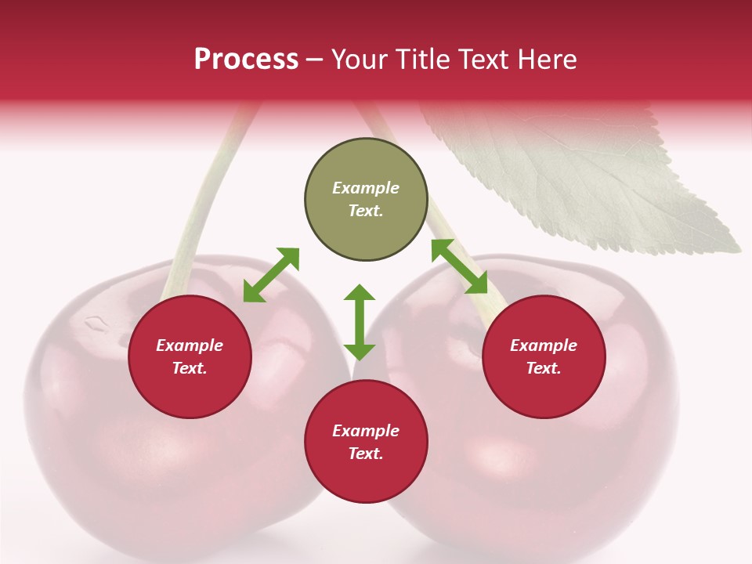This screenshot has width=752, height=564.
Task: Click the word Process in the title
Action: point(246,60)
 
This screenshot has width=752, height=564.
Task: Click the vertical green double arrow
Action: point(360,322)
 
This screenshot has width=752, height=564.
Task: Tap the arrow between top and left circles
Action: point(271,275)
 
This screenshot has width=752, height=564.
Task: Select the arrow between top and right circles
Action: point(459,266)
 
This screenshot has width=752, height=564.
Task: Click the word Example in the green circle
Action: point(366,188)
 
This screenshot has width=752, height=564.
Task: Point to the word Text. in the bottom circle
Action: point(366,454)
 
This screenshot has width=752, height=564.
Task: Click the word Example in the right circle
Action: point(544,345)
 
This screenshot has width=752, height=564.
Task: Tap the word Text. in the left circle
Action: point(190,368)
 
